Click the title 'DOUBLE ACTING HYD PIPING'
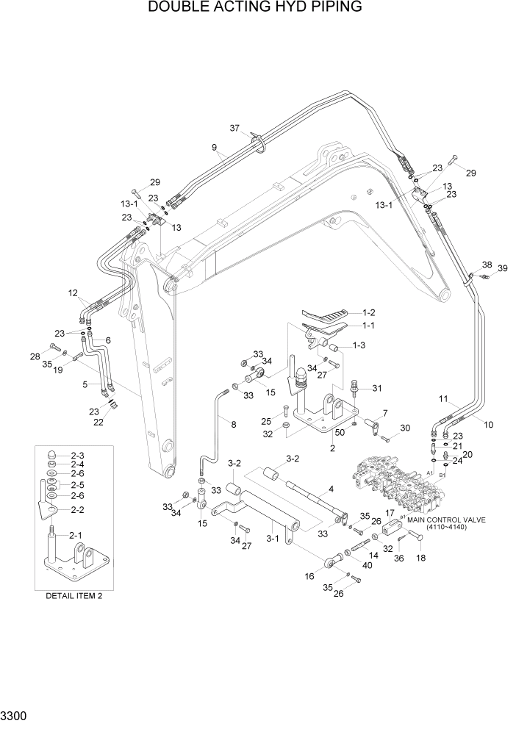pos(254,8)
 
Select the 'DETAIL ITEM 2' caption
pos(74,595)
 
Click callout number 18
pos(421,558)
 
